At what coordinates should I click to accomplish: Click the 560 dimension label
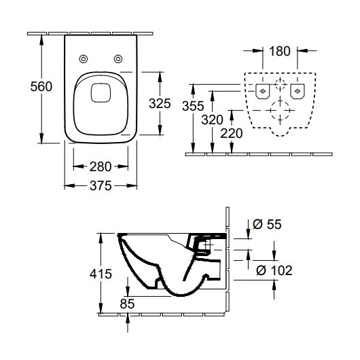(41, 86)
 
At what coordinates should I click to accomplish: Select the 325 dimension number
(160, 103)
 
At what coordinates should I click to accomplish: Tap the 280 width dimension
(101, 166)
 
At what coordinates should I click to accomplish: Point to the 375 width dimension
(101, 185)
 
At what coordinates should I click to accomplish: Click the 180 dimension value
(280, 51)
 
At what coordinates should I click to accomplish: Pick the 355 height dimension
(193, 106)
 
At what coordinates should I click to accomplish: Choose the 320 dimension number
(212, 120)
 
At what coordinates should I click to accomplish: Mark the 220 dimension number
(232, 133)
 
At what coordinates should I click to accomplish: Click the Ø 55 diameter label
(267, 224)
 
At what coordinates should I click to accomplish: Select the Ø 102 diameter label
(274, 270)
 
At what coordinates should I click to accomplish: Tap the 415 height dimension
(101, 274)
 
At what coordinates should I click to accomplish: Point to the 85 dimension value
(127, 304)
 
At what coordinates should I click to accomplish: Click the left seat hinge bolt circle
(84, 59)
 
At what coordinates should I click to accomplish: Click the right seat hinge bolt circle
(118, 59)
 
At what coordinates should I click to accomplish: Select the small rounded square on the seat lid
(101, 93)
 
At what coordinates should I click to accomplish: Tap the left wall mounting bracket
(263, 92)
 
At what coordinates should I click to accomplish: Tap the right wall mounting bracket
(298, 92)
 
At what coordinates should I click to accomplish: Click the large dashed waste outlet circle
(280, 111)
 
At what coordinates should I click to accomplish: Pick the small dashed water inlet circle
(280, 84)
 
